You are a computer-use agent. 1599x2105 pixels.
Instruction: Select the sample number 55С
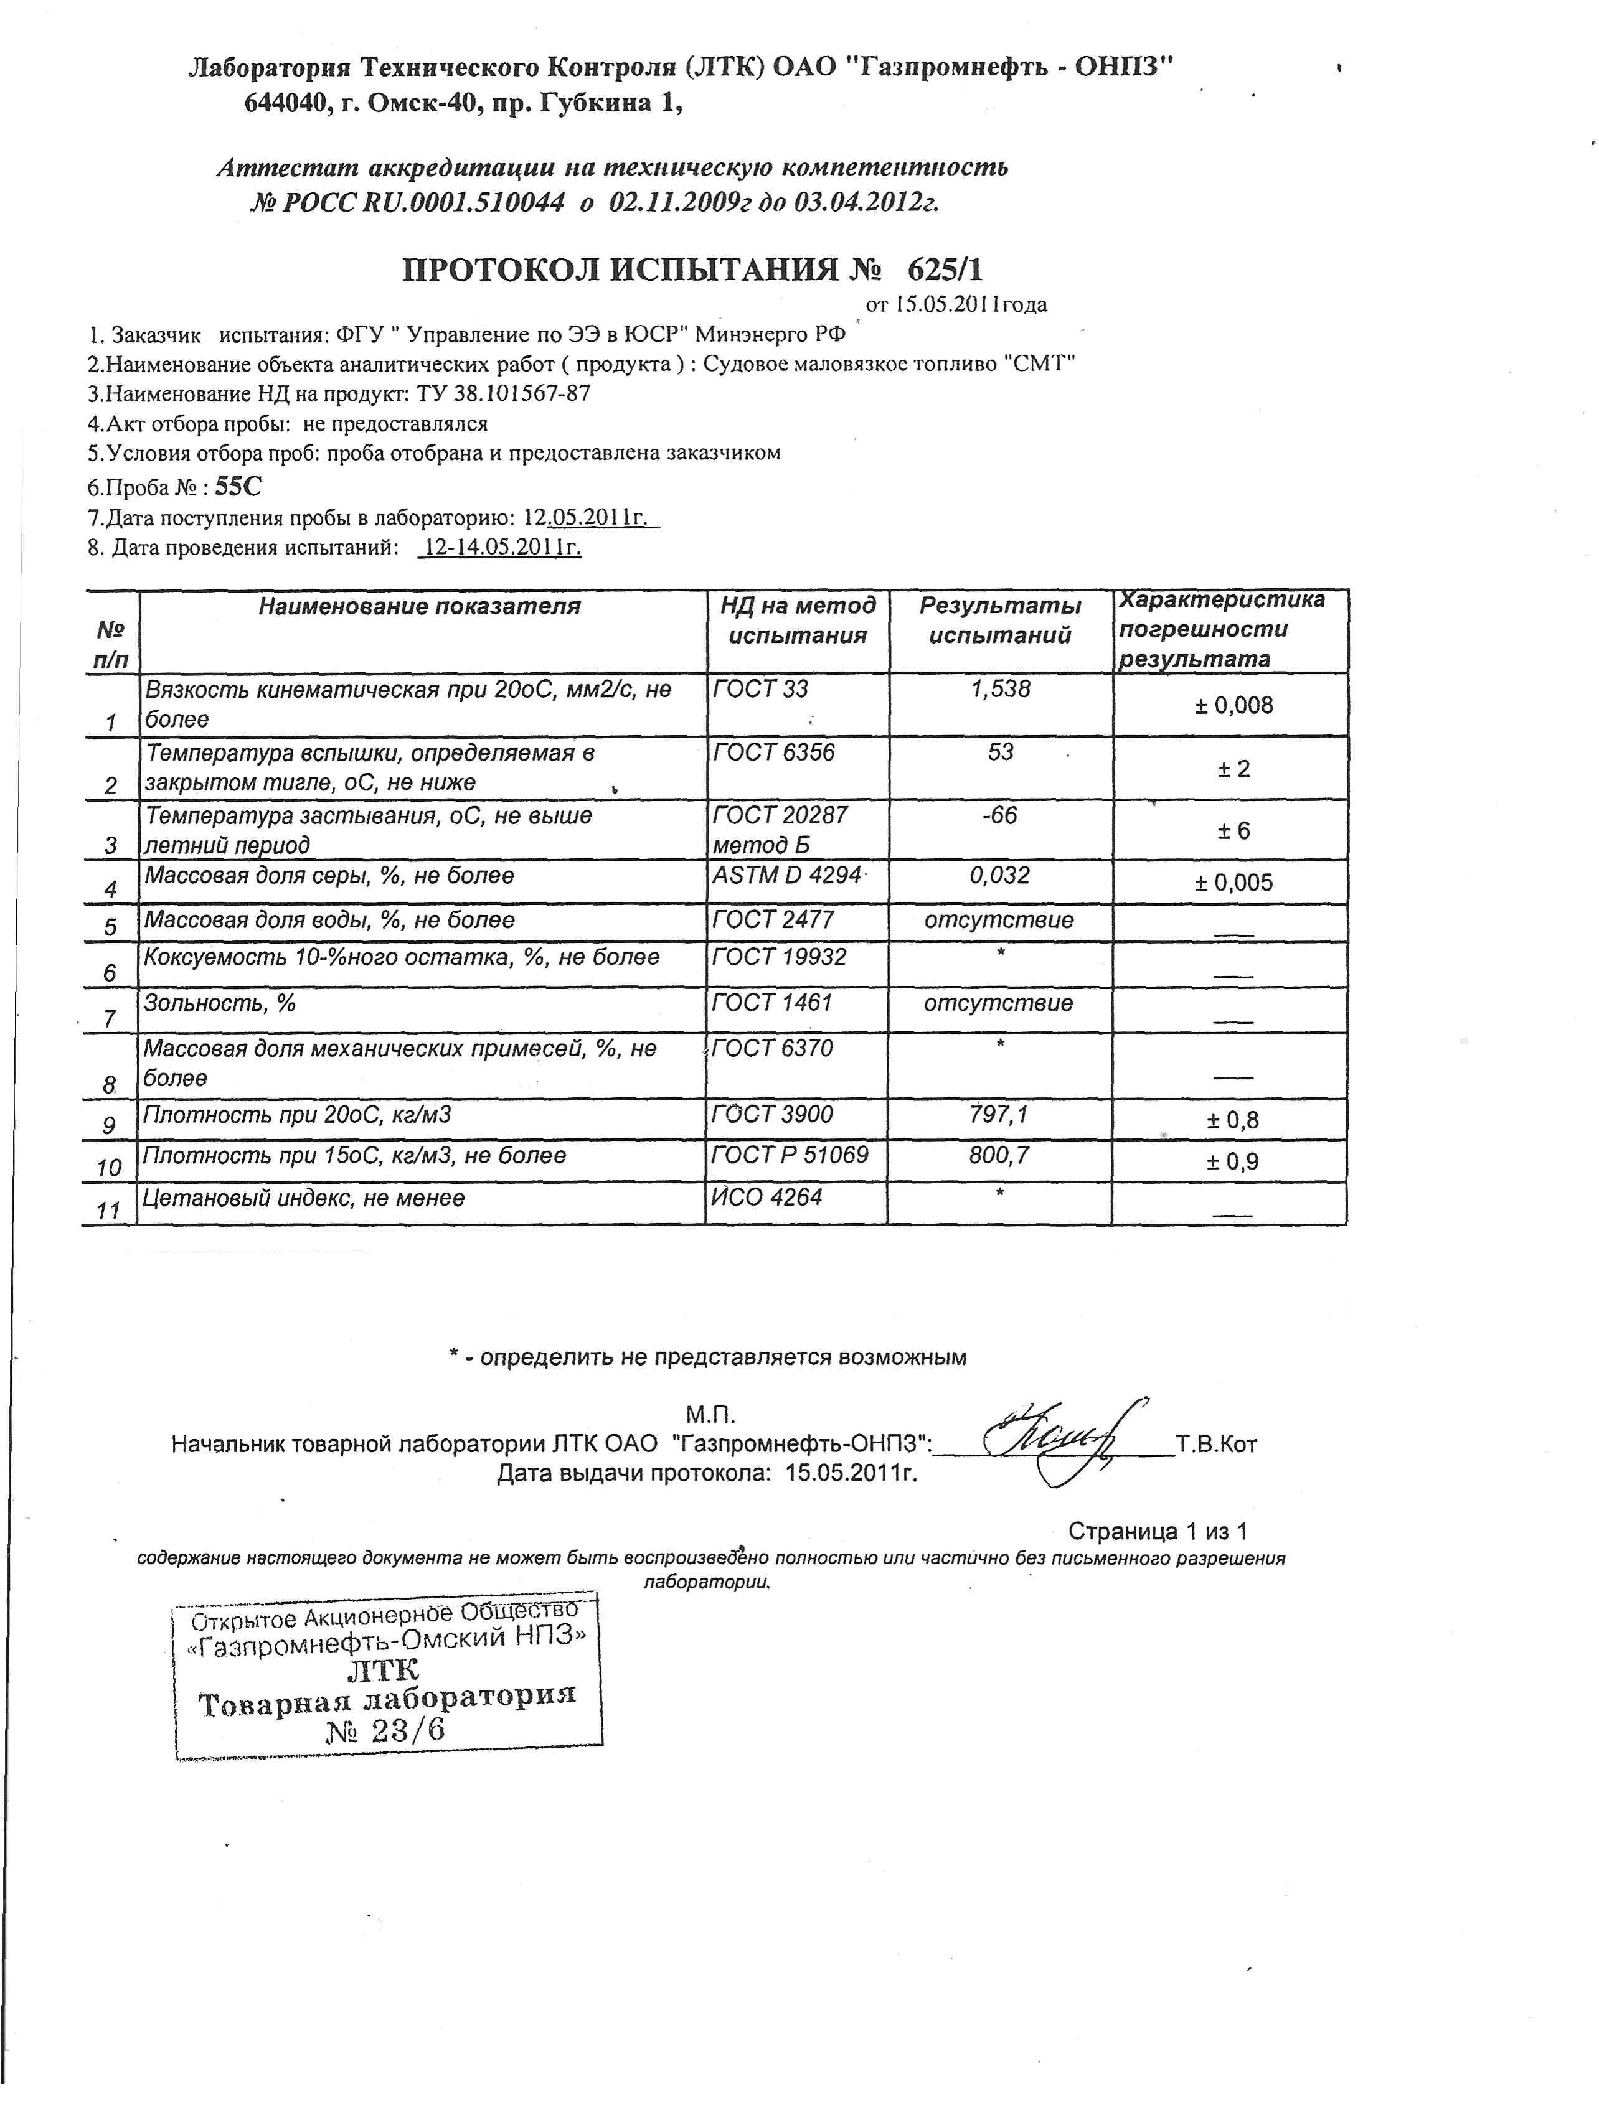pos(238,487)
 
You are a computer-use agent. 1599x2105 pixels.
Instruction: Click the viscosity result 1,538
pos(1001,689)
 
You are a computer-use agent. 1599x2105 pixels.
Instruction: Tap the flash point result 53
pos(1001,752)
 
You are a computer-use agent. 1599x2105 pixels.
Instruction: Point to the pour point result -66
pos(999,815)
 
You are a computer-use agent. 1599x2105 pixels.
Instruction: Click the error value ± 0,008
pos(1233,705)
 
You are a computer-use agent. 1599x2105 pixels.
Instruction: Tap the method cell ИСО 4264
pos(767,1197)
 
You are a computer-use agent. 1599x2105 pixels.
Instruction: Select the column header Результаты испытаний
pos(1001,621)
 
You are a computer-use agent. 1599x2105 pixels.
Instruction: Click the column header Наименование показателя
pos(420,606)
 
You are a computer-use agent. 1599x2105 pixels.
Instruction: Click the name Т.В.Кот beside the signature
pos(1217,1445)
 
